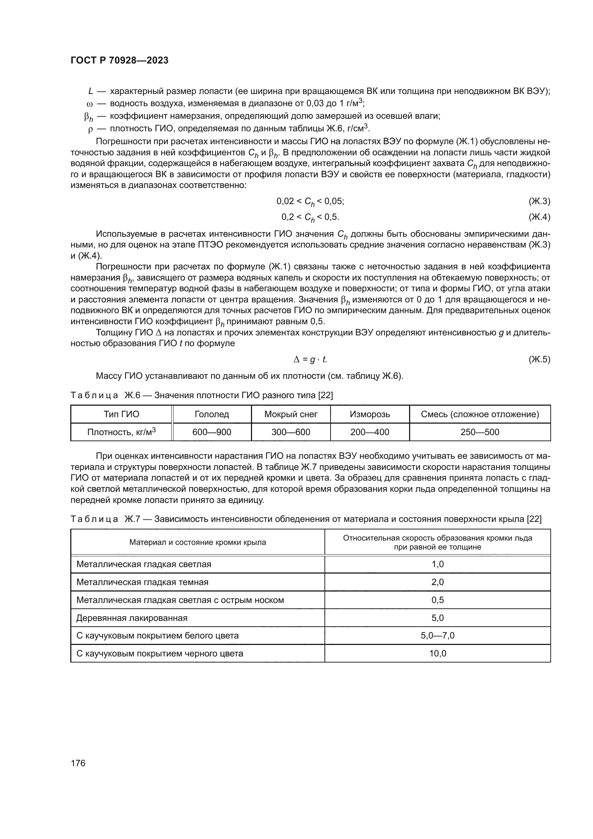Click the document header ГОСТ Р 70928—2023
(119, 61)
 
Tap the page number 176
(78, 763)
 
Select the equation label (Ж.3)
(539, 201)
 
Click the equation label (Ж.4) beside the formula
(539, 217)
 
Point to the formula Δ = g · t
(310, 359)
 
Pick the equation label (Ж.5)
(539, 359)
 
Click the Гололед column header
(212, 414)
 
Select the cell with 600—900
(212, 432)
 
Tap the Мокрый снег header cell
(291, 414)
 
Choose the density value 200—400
(370, 432)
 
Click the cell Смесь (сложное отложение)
(480, 414)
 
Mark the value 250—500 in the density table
(480, 432)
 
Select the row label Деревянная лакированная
(132, 618)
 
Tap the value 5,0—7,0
(437, 636)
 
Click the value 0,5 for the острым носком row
(437, 600)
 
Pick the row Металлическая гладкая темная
(142, 582)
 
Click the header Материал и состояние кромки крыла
(198, 542)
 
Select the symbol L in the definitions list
(91, 91)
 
